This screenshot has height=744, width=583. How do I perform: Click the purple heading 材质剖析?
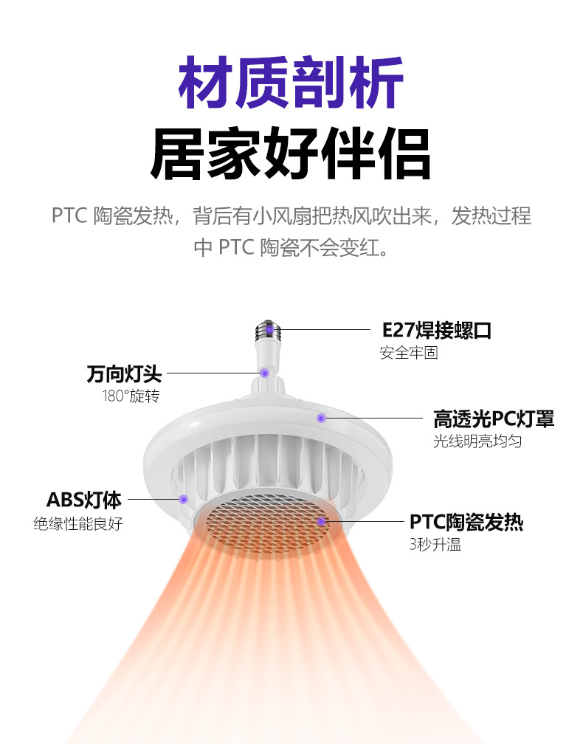pos(291,83)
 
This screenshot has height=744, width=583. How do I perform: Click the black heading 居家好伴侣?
pos(291,154)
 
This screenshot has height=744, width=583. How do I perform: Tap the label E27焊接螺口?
pos(436,330)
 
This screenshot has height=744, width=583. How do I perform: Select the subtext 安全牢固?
pos(409,353)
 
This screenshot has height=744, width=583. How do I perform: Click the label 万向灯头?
pos(123,373)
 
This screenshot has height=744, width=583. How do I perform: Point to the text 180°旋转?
pos(131,396)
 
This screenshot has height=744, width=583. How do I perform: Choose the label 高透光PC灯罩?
pos(493,419)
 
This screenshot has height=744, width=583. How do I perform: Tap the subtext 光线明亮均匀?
pos(477,441)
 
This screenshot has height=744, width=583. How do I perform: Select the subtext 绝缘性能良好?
pos(78,524)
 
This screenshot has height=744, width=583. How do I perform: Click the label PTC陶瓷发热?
pos(466,523)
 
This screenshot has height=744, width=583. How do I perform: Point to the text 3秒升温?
pos(435,545)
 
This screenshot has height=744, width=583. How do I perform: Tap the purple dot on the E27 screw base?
pos(270,329)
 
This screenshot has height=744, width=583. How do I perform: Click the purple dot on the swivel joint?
pos(264,373)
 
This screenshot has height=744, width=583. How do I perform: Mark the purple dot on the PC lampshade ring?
pos(321,418)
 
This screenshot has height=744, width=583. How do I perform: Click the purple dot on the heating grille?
pos(322,522)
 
